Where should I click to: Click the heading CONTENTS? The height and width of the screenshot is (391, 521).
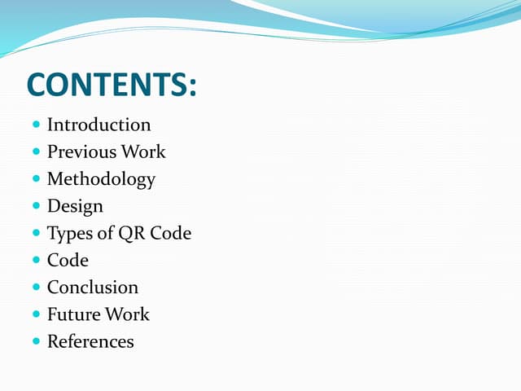[112, 85]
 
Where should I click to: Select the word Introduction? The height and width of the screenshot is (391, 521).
[99, 125]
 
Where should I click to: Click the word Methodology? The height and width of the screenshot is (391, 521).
[101, 178]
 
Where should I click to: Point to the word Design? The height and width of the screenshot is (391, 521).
[75, 206]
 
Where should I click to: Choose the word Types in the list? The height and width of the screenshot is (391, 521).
[68, 233]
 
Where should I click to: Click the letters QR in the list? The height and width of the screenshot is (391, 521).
[131, 233]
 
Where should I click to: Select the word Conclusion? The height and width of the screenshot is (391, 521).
[93, 287]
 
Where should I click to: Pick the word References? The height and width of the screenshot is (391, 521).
[90, 341]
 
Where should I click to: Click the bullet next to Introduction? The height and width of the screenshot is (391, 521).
[37, 125]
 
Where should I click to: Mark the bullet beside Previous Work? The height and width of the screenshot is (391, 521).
[37, 152]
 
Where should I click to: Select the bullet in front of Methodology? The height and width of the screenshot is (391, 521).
[37, 178]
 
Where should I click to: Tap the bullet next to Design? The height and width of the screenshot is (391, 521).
[37, 206]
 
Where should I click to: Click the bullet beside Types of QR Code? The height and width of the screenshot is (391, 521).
[37, 233]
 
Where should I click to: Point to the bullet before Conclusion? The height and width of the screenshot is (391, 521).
[37, 287]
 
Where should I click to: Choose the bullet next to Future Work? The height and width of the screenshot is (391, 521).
[37, 314]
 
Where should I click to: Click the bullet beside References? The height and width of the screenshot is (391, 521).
[37, 341]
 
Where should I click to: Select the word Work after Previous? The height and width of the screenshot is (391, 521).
[143, 152]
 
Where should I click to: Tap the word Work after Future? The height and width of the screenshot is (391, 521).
[128, 314]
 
